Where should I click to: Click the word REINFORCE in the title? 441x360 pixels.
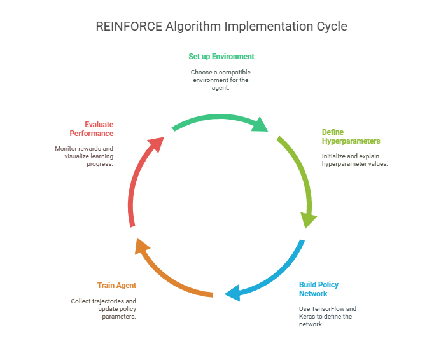click(x=127, y=26)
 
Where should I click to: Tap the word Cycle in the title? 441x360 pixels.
click(x=330, y=26)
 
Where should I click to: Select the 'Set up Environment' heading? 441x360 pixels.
click(x=221, y=57)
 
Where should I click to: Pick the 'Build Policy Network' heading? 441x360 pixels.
click(x=318, y=289)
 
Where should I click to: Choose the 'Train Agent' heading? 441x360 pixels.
click(x=116, y=286)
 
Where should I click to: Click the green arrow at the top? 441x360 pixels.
click(x=216, y=119)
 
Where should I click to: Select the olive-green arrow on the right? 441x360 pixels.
click(x=298, y=172)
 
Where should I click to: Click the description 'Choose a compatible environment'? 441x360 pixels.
click(x=221, y=80)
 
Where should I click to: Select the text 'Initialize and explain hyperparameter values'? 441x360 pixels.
click(x=354, y=160)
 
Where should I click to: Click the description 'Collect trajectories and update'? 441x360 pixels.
click(x=104, y=308)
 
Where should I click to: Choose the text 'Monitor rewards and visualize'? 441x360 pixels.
click(x=84, y=156)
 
